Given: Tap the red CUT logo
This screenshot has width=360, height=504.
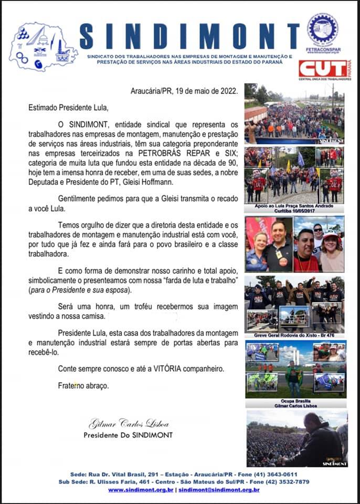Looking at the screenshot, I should (x=322, y=68).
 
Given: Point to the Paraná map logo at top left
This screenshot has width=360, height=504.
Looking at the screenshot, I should (x=42, y=47).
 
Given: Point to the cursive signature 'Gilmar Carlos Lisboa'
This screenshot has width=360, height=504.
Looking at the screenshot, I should (x=129, y=424).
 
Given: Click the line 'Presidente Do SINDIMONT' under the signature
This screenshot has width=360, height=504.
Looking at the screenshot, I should (x=128, y=435).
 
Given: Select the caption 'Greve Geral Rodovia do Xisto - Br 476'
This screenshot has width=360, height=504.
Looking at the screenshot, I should (x=295, y=335).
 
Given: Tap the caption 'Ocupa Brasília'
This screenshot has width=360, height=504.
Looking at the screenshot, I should (x=295, y=400).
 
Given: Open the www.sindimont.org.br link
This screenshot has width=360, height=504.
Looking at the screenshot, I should (x=141, y=490).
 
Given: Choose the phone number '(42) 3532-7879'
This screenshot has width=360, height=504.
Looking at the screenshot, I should (x=282, y=482).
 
